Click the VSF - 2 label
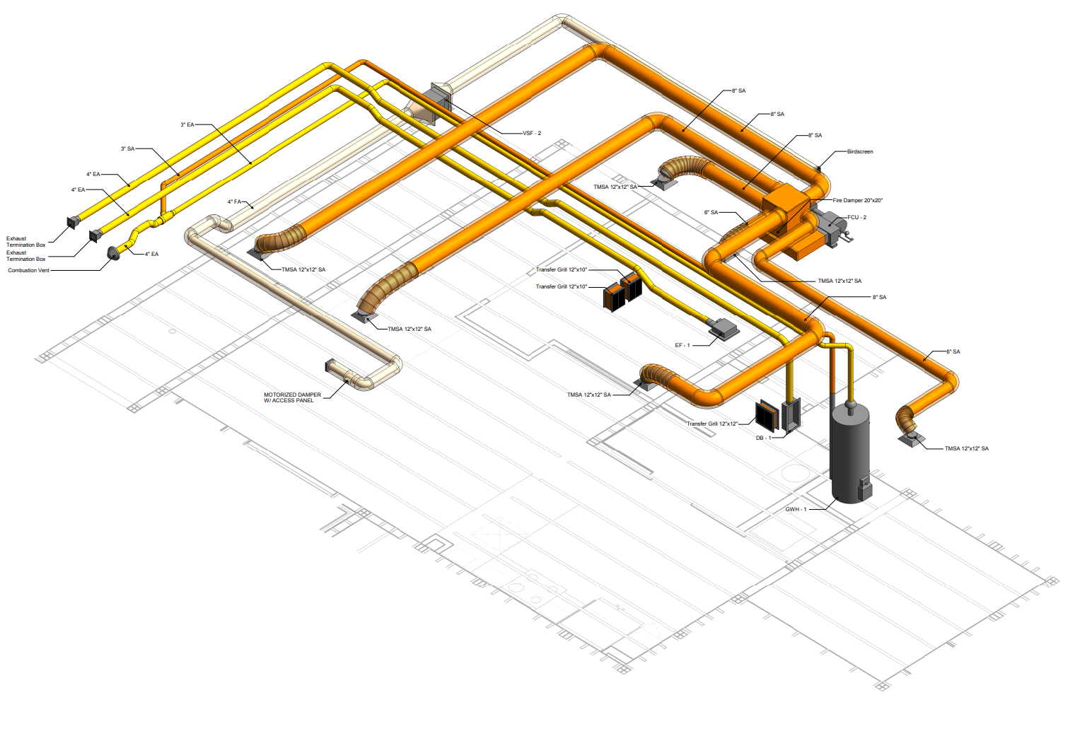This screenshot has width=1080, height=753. [532, 133]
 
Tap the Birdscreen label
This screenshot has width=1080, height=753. [860, 151]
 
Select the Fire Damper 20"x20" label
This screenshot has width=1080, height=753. [857, 200]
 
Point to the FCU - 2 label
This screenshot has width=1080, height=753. [857, 218]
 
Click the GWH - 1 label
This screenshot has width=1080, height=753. [796, 509]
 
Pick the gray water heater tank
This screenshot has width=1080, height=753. [852, 453]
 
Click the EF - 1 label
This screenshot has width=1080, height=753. [683, 345]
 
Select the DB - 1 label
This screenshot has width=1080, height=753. [763, 438]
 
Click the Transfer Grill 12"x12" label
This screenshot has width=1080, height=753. [712, 424]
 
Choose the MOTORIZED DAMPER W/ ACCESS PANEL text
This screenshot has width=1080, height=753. [292, 397]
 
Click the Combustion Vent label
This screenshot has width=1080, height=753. [28, 270]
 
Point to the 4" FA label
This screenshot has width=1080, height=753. [234, 202]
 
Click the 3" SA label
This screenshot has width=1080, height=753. [127, 149]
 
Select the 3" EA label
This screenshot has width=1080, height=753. [187, 125]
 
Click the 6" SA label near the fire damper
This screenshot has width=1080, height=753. [711, 213]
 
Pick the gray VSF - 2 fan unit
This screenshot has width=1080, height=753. [438, 103]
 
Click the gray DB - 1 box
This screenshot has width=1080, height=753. [791, 415]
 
